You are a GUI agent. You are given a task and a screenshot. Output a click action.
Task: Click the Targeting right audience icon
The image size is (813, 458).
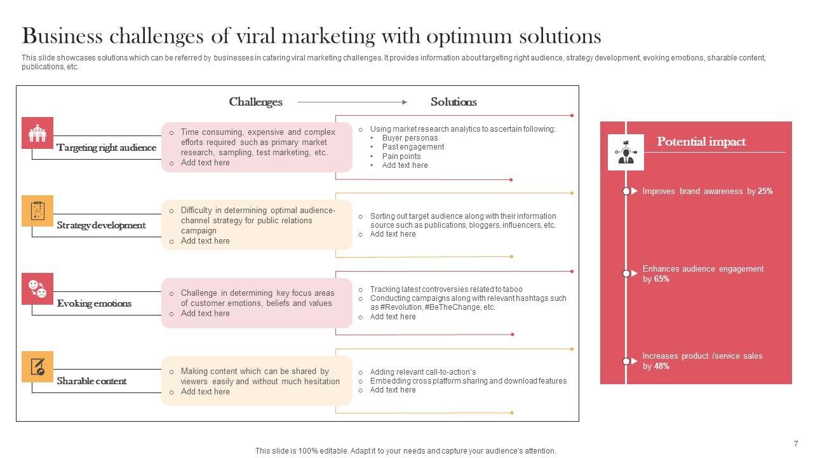point(37,133)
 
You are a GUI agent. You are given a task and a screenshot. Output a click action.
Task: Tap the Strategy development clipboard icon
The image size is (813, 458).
point(37,211)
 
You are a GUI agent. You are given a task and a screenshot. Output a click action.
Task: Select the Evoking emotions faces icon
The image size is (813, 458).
point(37,289)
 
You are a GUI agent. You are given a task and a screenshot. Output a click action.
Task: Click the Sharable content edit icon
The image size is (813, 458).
point(37,366)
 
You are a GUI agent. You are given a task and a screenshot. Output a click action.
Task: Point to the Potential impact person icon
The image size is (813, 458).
point(626,153)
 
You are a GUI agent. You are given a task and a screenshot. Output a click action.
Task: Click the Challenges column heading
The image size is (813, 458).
point(255,102)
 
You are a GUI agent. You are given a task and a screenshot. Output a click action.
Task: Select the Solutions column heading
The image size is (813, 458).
point(454,102)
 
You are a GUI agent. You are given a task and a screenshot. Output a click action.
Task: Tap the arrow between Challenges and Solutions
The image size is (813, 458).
point(353,102)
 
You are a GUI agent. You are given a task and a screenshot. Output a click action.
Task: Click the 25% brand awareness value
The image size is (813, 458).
point(765,191)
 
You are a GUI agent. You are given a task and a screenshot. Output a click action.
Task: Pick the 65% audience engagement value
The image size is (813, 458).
point(661,279)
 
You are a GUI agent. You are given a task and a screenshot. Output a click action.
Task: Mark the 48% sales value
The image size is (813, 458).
point(661,366)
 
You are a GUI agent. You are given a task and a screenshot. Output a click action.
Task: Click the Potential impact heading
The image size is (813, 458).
point(701,142)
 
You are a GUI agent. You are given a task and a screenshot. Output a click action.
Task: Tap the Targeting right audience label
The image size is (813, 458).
point(106,148)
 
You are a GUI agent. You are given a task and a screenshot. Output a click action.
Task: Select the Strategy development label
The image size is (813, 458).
point(101,225)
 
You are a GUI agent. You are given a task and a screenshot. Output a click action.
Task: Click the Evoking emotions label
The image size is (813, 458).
point(94,303)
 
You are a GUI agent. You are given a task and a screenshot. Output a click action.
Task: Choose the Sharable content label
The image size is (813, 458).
point(91,381)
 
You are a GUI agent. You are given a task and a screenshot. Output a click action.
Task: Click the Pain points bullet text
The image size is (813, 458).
point(401,156)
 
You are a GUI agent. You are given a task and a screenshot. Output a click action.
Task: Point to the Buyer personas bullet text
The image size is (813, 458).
point(410,138)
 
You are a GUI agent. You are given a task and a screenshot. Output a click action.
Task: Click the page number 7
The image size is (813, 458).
point(796,444)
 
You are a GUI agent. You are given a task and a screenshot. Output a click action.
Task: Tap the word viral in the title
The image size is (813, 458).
point(256,36)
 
